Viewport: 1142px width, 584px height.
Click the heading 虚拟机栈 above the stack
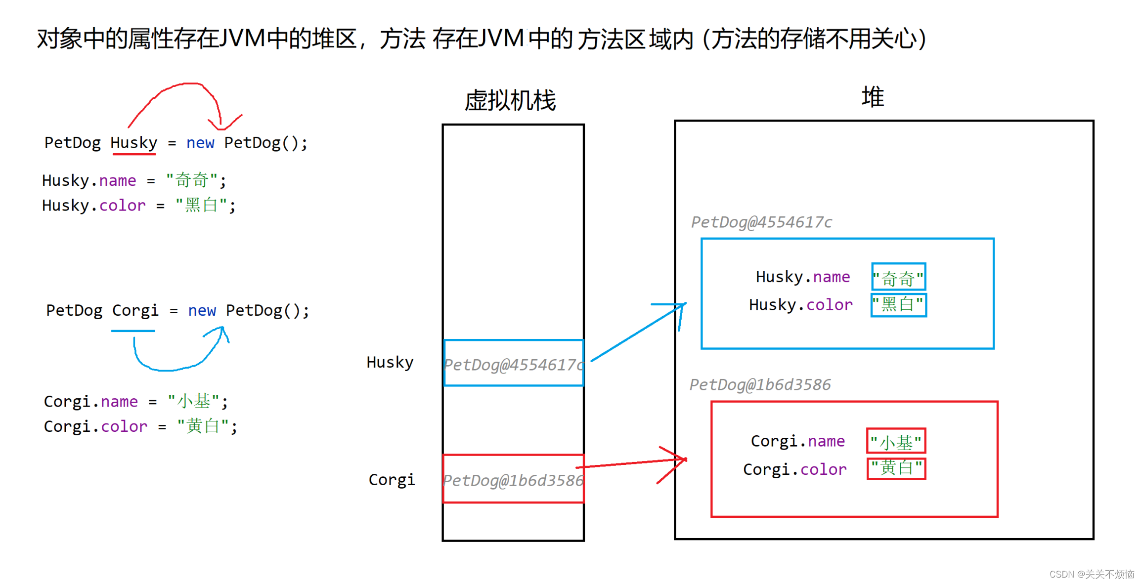[510, 100]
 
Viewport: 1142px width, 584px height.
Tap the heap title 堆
[873, 97]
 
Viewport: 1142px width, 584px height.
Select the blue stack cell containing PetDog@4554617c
[514, 363]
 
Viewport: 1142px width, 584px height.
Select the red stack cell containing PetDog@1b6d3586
[513, 479]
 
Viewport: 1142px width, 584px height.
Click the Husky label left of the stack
[390, 363]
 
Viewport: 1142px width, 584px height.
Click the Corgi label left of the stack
[392, 480]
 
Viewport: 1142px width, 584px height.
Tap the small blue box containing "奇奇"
[898, 277]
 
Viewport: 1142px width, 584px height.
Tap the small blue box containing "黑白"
[898, 304]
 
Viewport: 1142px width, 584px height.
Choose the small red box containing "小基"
[896, 441]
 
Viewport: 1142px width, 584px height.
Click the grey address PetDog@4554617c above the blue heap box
[761, 222]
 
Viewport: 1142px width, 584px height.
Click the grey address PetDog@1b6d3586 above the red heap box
[760, 384]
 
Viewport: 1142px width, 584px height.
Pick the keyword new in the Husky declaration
[200, 143]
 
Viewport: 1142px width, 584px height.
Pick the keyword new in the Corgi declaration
[202, 311]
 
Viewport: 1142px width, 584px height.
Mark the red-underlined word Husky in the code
[133, 143]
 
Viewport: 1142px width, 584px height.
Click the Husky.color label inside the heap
[801, 305]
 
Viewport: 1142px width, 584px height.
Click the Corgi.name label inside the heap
[798, 441]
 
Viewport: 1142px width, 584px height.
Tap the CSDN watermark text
[1092, 574]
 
